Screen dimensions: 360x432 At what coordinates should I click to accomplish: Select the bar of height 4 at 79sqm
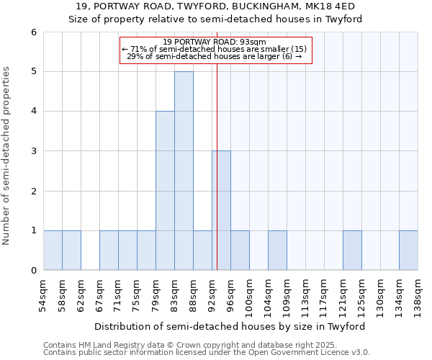(x=165, y=191)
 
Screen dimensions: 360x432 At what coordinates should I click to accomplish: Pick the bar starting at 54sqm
(x=53, y=251)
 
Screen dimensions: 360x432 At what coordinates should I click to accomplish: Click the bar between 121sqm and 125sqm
(x=352, y=251)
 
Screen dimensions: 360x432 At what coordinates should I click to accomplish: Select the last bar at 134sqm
(x=408, y=251)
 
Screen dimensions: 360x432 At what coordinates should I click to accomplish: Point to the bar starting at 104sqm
(x=277, y=251)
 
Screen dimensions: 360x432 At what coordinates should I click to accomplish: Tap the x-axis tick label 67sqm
(x=100, y=294)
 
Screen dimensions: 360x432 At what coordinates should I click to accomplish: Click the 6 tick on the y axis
(x=33, y=32)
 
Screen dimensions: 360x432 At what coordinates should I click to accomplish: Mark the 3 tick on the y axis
(x=33, y=151)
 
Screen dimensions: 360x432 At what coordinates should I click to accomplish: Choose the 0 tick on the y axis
(x=33, y=270)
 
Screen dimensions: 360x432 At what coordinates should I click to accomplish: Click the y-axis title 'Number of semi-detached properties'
(x=7, y=156)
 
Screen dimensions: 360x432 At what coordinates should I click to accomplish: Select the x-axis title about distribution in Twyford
(x=230, y=326)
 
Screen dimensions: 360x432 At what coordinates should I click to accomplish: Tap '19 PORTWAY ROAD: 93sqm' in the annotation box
(x=215, y=42)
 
